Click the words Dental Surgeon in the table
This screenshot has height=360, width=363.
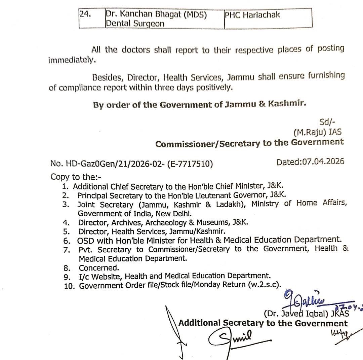[135, 24]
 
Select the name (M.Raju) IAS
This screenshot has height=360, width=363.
[317, 132]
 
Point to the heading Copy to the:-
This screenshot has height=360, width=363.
[76, 177]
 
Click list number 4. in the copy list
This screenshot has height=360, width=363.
[66, 222]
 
